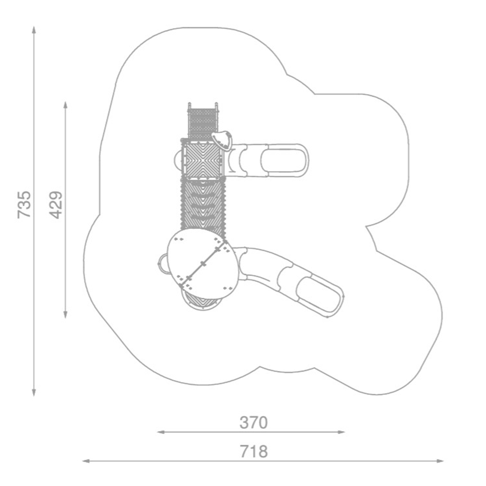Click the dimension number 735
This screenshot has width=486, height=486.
[24, 204]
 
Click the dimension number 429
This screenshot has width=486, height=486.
[56, 205]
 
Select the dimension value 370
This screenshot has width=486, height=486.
[253, 422]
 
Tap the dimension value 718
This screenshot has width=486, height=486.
[253, 451]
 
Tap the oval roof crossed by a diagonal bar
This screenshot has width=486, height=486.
[202, 263]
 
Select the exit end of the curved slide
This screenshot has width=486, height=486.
[321, 295]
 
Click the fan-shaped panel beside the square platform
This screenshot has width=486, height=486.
[223, 140]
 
